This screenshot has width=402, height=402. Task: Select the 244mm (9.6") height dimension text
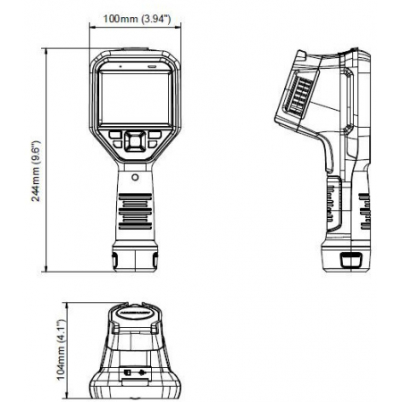click(x=36, y=170)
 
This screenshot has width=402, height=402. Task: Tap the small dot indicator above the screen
click(x=118, y=67)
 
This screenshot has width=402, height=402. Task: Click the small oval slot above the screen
click(x=152, y=67)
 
